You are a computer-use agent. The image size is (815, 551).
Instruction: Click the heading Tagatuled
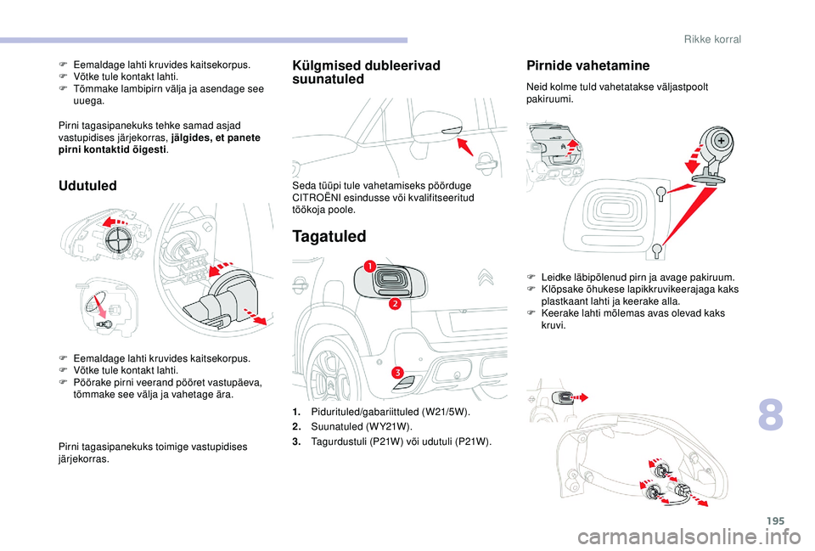pos(330,236)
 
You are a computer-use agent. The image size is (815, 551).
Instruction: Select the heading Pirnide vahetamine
pos(587,65)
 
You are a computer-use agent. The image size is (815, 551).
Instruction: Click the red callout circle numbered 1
pos(371,268)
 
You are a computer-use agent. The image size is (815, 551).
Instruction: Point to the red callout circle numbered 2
pos(395,304)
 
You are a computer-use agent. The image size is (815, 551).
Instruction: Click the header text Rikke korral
pos(712,39)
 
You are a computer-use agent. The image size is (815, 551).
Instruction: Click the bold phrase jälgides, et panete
pos(216,138)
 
